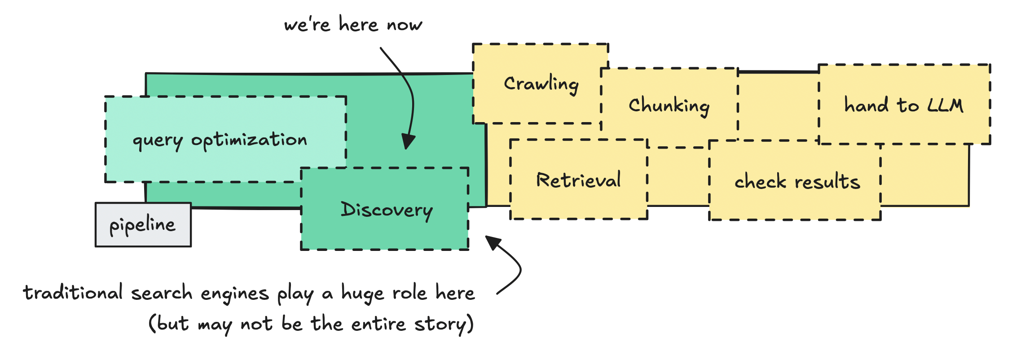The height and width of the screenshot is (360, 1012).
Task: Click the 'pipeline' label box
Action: tap(143, 224)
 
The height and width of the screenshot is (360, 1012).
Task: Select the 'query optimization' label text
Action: tap(220, 140)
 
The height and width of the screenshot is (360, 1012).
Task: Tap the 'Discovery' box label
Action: tap(387, 210)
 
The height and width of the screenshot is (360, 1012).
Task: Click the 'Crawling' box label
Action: tap(541, 84)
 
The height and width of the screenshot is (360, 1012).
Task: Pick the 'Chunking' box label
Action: tap(669, 106)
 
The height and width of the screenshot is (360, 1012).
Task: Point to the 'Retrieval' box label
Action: tap(578, 180)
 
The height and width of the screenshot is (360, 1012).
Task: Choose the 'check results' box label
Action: tap(797, 181)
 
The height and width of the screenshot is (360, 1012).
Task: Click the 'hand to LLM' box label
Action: tap(903, 105)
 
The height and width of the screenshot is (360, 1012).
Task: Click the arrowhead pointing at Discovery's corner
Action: tap(493, 242)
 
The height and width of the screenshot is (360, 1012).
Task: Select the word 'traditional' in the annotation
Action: tap(73, 293)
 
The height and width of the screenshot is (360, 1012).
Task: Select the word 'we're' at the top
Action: tap(307, 25)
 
